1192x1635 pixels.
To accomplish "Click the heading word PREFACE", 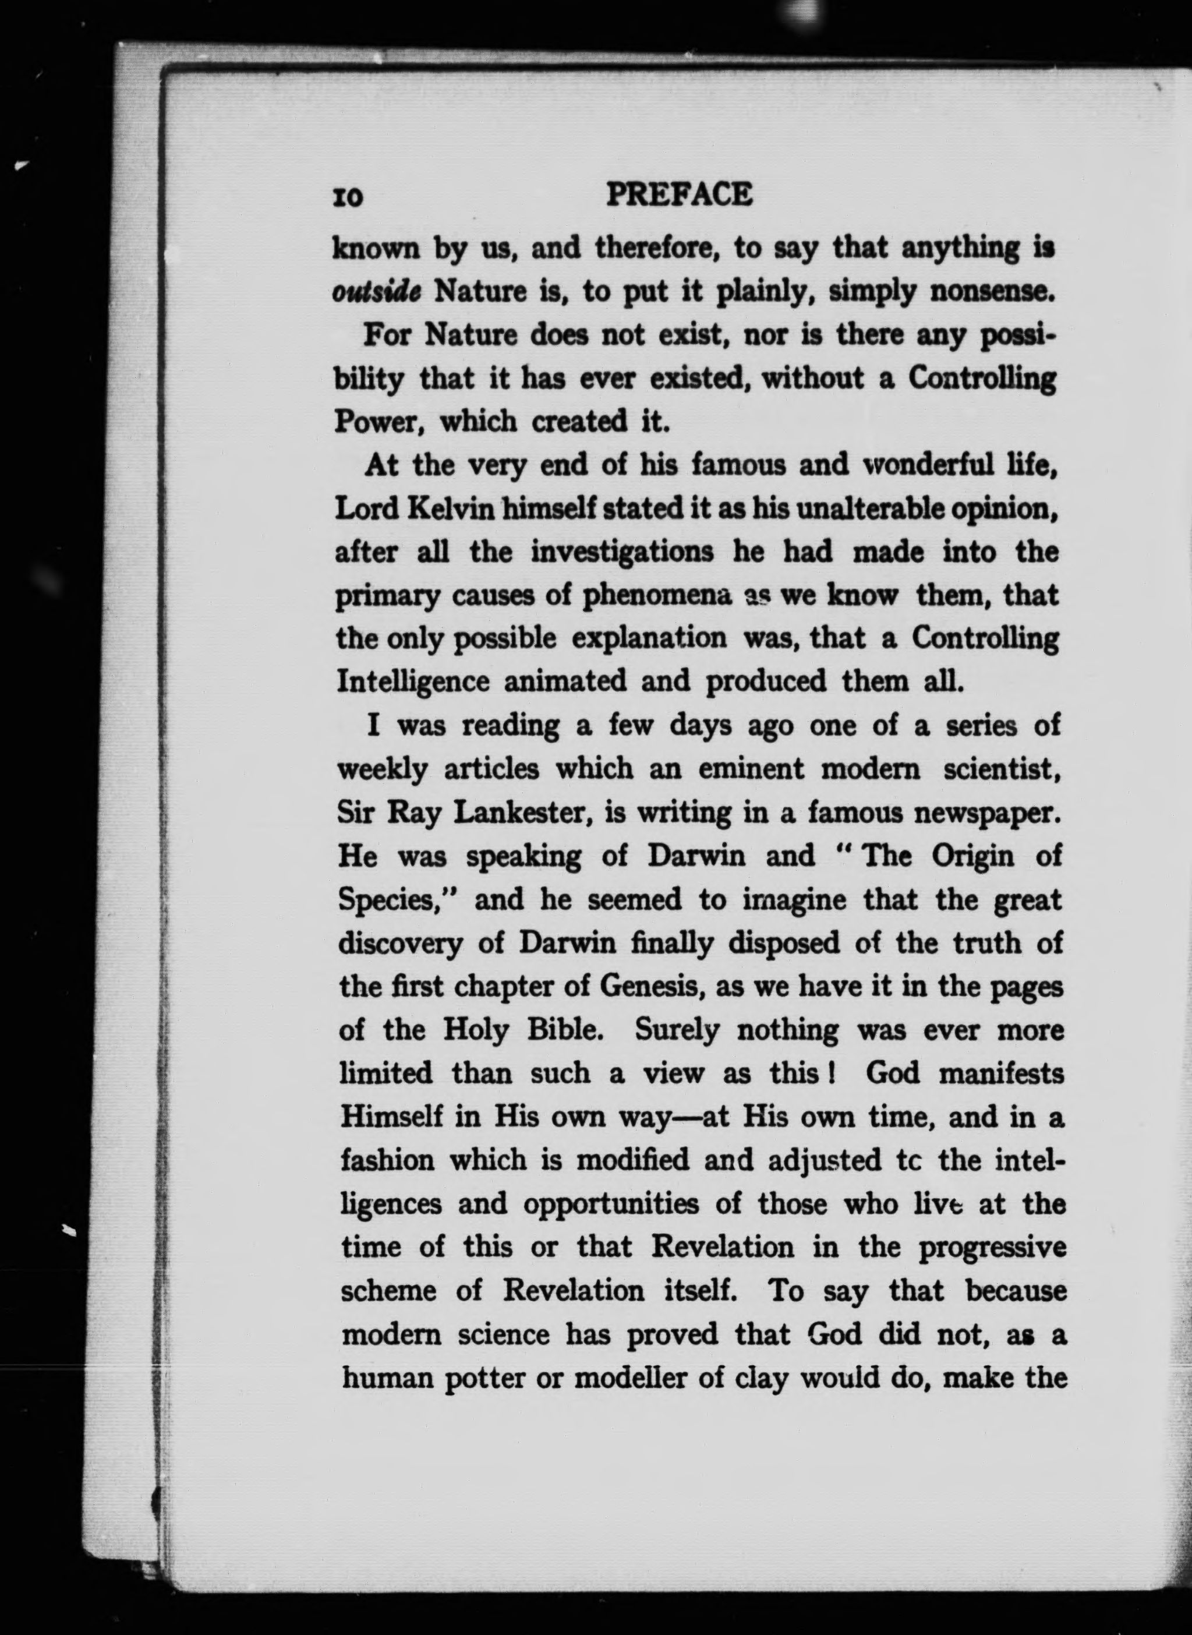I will point(679,194).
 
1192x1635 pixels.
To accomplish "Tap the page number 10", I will point(348,197).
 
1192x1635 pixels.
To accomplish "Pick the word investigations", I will point(622,553).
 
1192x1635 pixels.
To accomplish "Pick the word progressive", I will point(992,1249).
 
